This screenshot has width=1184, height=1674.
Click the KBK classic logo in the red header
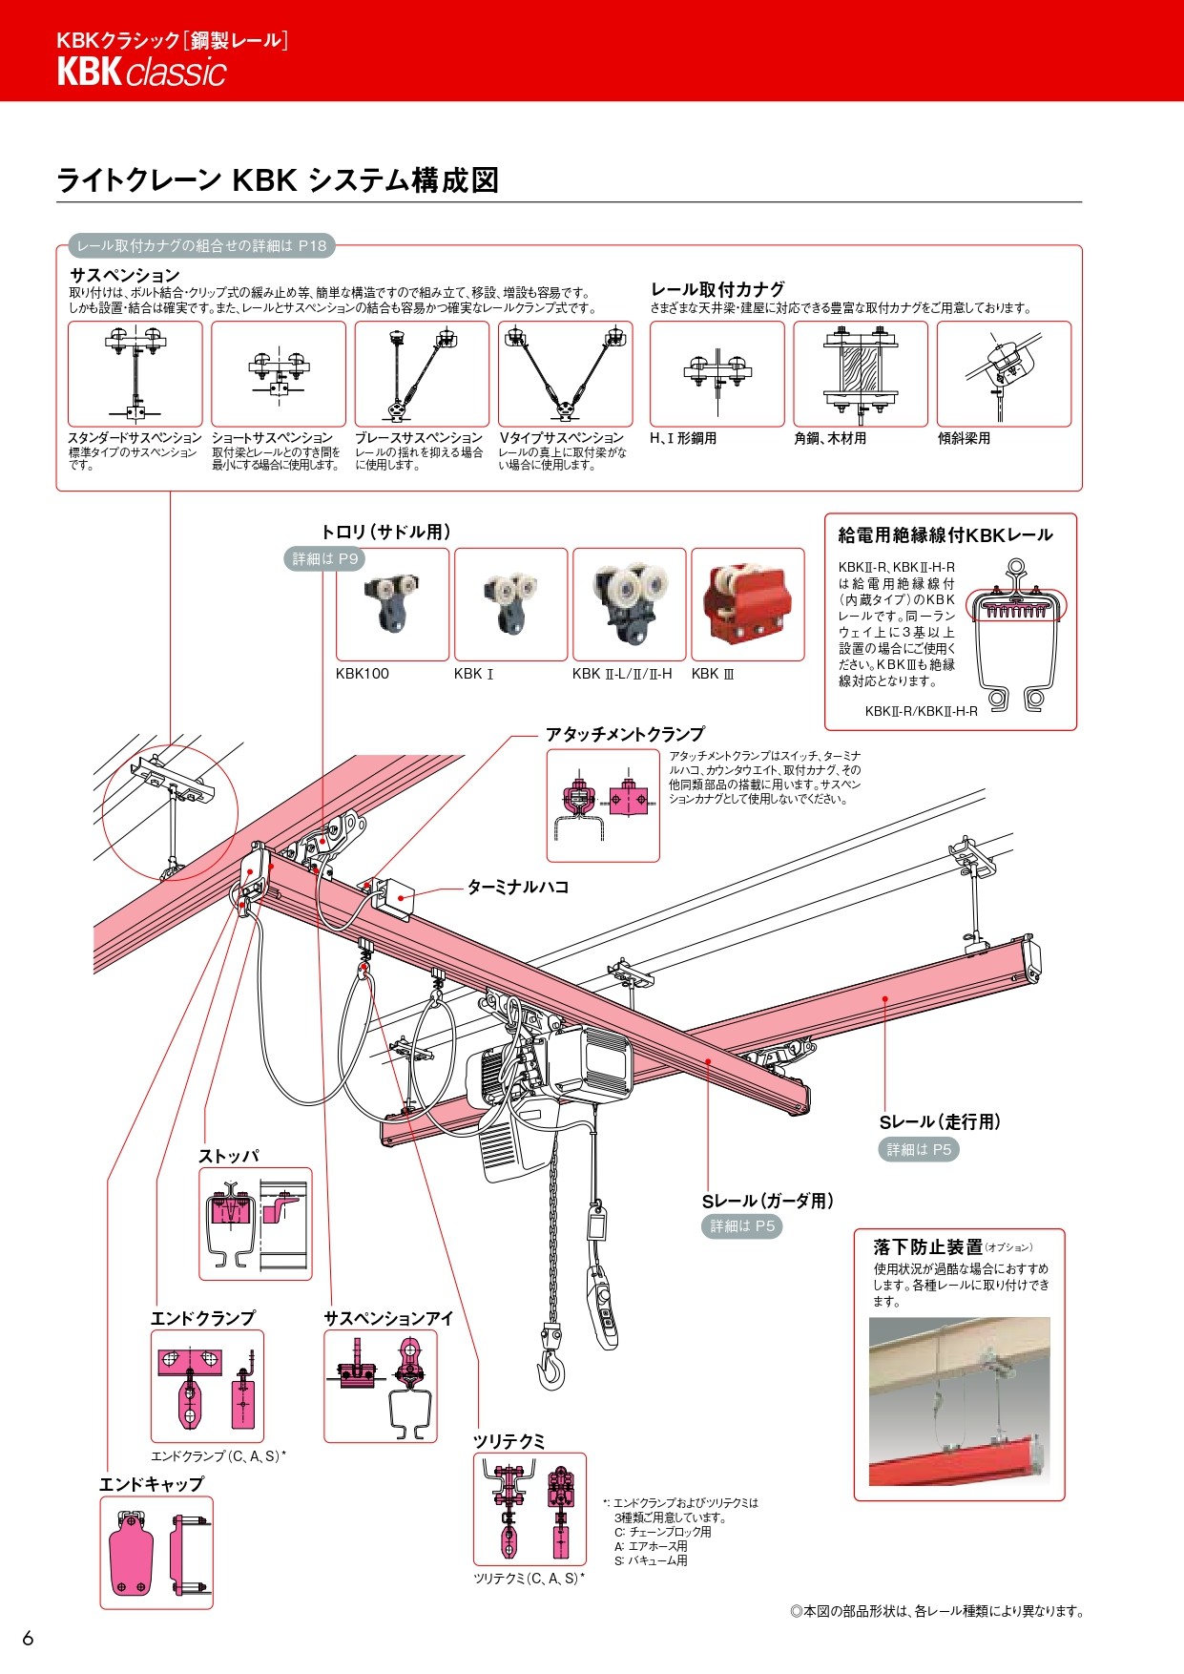(x=141, y=73)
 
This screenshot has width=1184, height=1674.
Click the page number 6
(x=28, y=1638)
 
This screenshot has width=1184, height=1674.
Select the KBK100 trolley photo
(x=392, y=603)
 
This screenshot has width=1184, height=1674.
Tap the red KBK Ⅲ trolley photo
(x=747, y=603)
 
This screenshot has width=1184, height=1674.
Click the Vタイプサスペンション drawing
(x=565, y=374)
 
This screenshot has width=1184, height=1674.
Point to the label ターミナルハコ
(x=517, y=887)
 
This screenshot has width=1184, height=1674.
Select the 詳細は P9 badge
(x=324, y=559)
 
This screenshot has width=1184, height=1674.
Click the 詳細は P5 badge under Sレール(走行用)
(x=918, y=1149)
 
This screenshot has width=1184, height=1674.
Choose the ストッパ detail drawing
(x=255, y=1224)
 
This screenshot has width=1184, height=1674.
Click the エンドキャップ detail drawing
(x=156, y=1552)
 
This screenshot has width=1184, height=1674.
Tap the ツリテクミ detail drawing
(x=530, y=1509)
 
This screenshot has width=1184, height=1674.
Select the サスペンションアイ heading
(x=388, y=1318)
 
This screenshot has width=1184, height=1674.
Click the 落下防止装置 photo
(x=958, y=1400)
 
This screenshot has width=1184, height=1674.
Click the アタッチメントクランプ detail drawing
(x=603, y=805)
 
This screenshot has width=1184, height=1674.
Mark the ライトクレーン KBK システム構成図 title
(x=278, y=180)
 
